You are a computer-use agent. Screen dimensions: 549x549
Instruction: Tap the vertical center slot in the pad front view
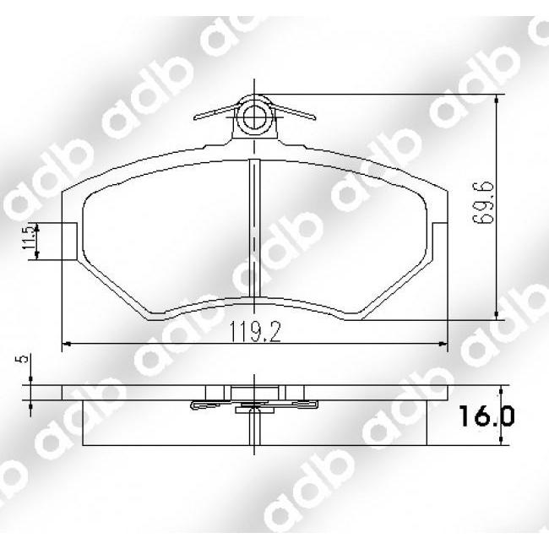pyautogui.click(x=254, y=228)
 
